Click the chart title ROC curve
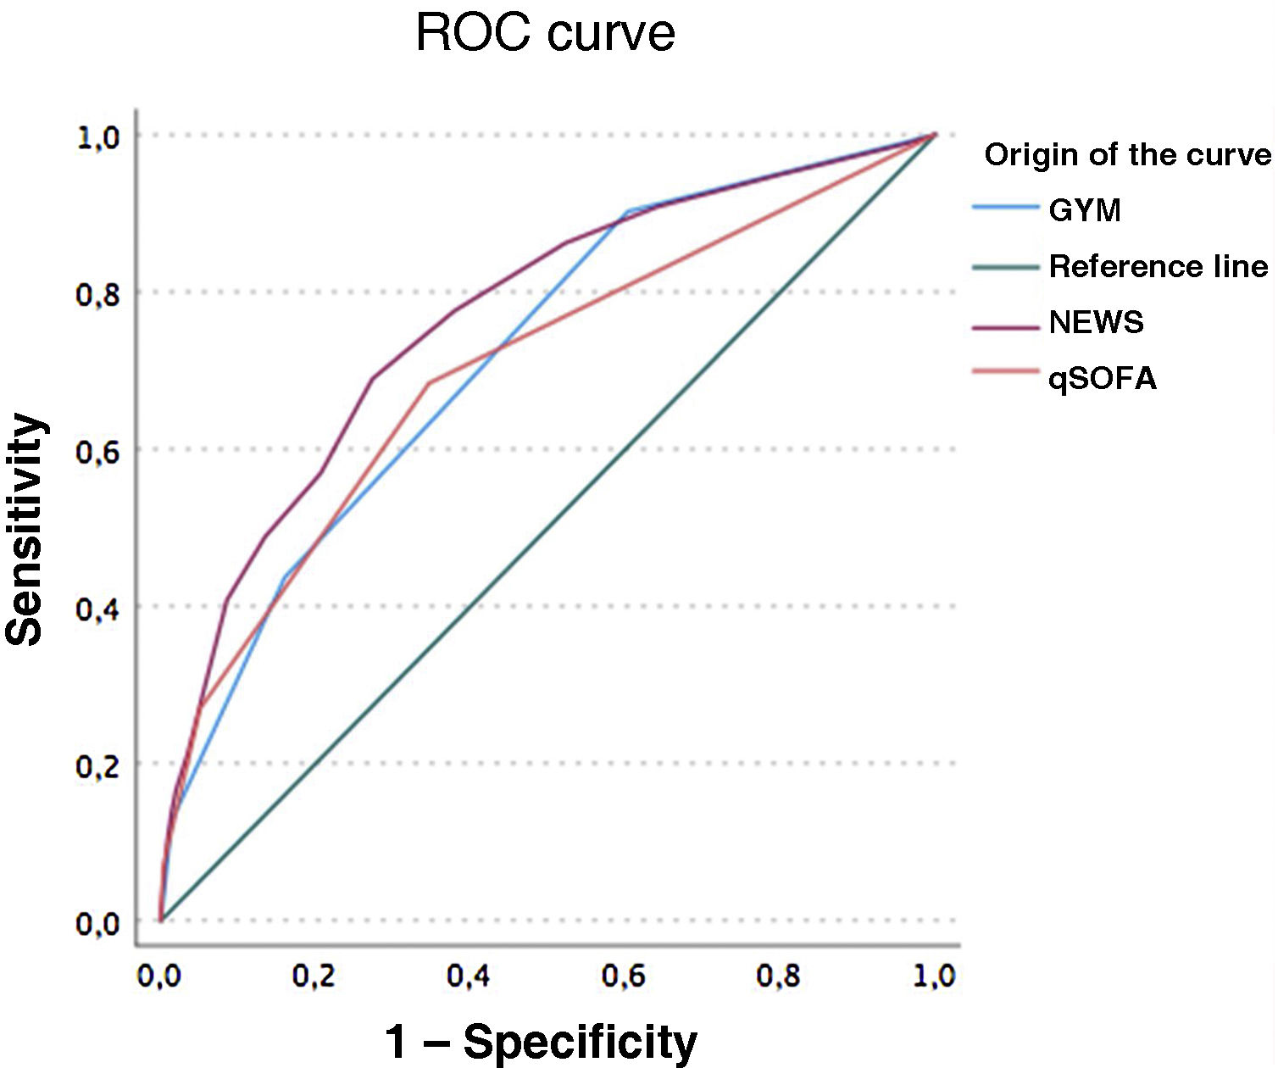coord(545,34)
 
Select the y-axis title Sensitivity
coord(25,530)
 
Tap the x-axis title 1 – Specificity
coord(541,1040)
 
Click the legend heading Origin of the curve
coord(1127,155)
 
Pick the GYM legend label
coord(1085,210)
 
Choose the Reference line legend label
coord(1158,267)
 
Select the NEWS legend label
coord(1096,322)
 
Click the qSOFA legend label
coord(1103,378)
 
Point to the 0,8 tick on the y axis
coord(98,294)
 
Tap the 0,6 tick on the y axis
coord(98,451)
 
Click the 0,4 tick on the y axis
coord(98,608)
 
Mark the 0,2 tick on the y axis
coord(98,765)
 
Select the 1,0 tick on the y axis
coord(98,137)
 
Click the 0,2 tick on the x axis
coord(314,976)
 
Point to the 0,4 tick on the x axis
coord(469,976)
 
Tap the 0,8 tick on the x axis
coord(779,976)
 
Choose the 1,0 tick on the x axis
coord(934,976)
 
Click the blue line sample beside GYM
coord(1005,208)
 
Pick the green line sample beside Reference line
coord(1005,267)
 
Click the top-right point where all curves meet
coord(935,135)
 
